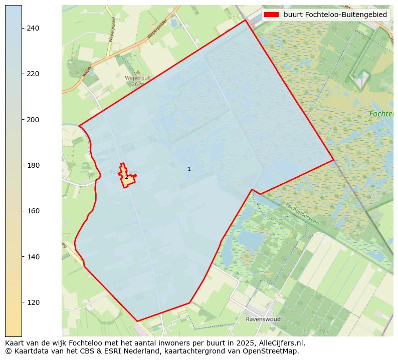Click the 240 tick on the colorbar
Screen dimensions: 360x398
pos(33,28)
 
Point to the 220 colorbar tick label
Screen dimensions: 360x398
pos(33,74)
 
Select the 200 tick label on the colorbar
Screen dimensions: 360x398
pos(33,120)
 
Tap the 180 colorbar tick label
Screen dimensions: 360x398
pos(33,165)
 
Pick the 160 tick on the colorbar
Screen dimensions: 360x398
pos(33,211)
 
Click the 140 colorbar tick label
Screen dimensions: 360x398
pos(33,257)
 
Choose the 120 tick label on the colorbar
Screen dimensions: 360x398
pos(33,302)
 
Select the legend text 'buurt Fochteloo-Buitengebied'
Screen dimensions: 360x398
pos(335,15)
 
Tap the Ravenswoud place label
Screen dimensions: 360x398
pos(263,319)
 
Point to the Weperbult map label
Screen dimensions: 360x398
pos(138,78)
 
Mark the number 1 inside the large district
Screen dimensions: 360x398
pos(189,169)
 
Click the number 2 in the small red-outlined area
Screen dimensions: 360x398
pos(126,177)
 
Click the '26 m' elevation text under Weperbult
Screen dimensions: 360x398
pos(138,84)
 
